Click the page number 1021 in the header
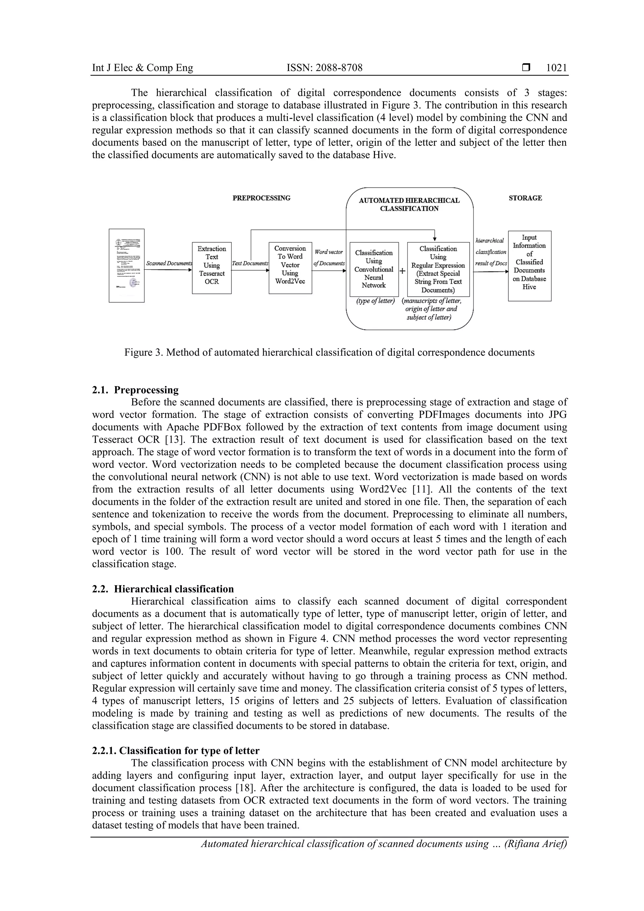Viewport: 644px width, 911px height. (556, 68)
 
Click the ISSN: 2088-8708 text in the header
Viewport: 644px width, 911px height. (324, 68)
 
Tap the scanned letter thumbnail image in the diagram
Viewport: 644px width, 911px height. (127, 265)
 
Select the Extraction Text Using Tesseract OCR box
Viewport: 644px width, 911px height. (212, 268)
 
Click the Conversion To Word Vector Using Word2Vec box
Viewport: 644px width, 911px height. (290, 268)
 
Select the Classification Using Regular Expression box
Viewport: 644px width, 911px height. (438, 269)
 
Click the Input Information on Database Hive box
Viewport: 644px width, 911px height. (529, 265)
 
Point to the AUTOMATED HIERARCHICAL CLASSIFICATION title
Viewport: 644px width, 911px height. (409, 204)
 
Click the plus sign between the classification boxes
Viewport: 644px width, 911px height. (402, 271)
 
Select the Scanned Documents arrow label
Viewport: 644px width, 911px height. (169, 264)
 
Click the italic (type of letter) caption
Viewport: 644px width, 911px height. (375, 301)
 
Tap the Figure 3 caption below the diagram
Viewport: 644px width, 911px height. (329, 352)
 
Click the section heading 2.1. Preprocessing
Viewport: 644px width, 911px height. (135, 390)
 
